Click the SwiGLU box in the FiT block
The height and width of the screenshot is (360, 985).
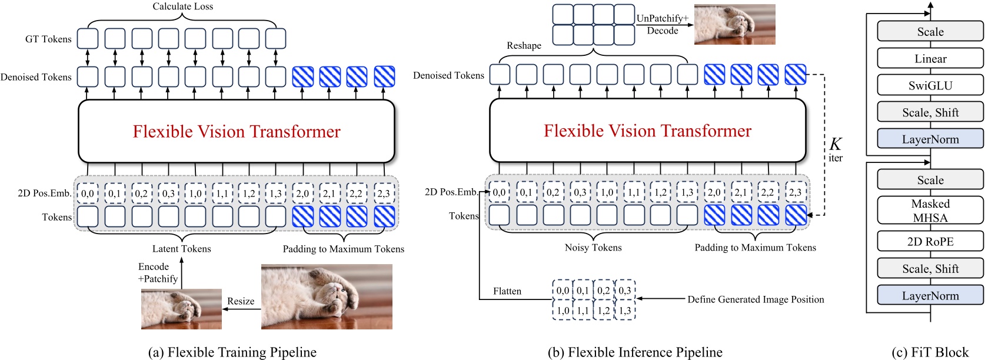(930, 85)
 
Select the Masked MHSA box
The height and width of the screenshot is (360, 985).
(930, 211)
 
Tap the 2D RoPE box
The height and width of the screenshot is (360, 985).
(930, 241)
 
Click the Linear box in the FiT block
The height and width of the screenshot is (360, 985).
(930, 59)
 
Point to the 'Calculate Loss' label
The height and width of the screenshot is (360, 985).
(182, 6)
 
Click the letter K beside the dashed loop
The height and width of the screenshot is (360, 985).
(835, 144)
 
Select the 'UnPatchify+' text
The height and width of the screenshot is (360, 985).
(662, 18)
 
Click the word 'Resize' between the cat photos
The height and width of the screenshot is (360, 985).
(241, 301)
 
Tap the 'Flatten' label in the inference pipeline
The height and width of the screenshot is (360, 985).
(507, 291)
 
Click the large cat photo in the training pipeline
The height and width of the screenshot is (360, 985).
(327, 296)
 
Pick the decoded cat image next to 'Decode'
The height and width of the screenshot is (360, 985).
(734, 24)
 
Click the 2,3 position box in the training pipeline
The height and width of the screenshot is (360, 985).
(384, 193)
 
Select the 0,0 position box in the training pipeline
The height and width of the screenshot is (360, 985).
(88, 193)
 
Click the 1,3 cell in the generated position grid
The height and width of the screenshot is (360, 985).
(625, 310)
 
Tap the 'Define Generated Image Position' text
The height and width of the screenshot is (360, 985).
(756, 299)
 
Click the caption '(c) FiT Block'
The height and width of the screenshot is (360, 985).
(930, 352)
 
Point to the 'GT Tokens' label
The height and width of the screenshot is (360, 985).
(48, 39)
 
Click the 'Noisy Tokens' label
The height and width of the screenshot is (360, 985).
(593, 248)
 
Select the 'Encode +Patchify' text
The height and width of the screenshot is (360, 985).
(157, 273)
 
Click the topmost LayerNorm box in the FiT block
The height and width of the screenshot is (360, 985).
(930, 139)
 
